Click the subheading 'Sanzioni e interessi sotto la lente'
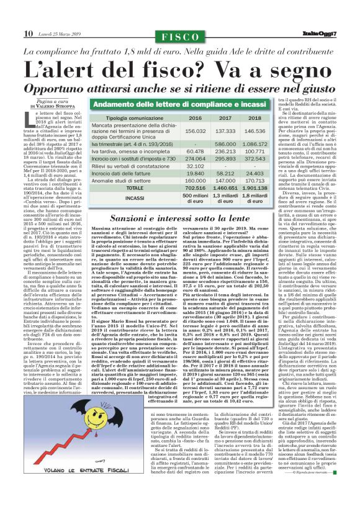(x=181, y=218)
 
